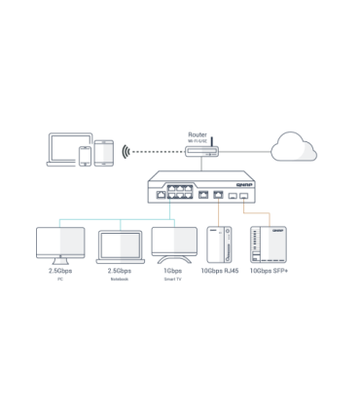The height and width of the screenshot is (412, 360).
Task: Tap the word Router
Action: tap(197, 134)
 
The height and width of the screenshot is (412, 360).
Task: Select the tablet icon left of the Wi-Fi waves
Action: tap(105, 152)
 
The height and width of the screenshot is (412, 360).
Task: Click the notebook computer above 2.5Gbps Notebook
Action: tap(121, 248)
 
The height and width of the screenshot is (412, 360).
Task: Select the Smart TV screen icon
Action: tap(174, 245)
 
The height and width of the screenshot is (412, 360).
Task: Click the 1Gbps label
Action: tap(174, 271)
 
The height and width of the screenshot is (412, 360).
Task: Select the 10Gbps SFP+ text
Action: tap(268, 271)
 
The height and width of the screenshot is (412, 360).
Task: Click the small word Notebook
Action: tap(121, 280)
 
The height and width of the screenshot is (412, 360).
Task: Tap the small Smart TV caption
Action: tap(174, 280)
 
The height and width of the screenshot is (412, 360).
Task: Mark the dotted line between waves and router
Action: tap(156, 152)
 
